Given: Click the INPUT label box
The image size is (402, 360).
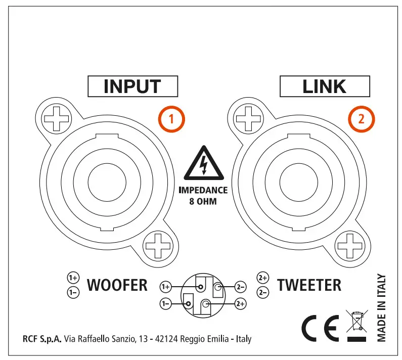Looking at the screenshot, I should pyautogui.click(x=132, y=86).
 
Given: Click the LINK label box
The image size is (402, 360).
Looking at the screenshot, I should pyautogui.click(x=324, y=86).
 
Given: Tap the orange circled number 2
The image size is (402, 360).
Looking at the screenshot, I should pyautogui.click(x=361, y=119).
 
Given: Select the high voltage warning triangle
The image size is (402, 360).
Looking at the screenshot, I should pyautogui.click(x=202, y=165).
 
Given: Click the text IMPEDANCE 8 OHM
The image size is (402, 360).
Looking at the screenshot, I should pyautogui.click(x=202, y=196).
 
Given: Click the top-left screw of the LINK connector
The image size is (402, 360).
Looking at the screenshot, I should pyautogui.click(x=248, y=119).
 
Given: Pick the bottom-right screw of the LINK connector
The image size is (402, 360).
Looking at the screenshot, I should pyautogui.click(x=348, y=247).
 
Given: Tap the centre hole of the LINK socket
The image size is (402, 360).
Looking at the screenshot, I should pyautogui.click(x=297, y=183).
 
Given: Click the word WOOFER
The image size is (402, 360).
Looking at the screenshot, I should pyautogui.click(x=117, y=285).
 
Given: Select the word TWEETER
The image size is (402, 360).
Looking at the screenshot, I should pyautogui.click(x=309, y=285).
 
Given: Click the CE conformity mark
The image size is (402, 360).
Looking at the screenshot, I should pyautogui.click(x=320, y=329).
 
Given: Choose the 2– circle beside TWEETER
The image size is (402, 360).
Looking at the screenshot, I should pyautogui.click(x=263, y=292).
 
